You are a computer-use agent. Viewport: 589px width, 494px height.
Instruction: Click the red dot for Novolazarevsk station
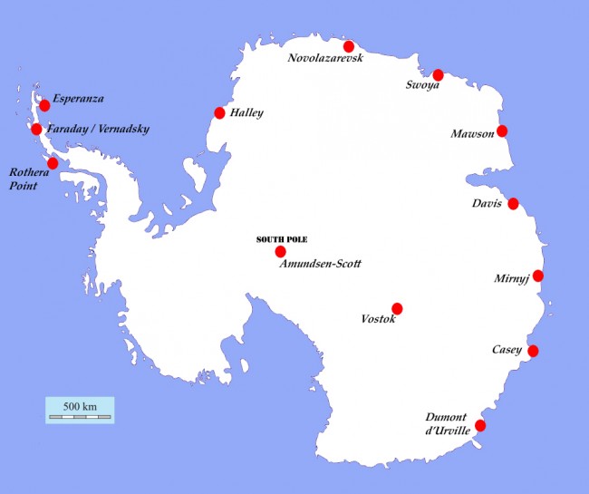pos(348,46)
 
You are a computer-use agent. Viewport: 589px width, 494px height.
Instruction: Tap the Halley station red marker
pos(219,113)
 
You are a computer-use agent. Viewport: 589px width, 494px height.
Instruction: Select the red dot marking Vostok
pos(397,308)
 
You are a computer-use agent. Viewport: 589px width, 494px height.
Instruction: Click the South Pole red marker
pos(280,251)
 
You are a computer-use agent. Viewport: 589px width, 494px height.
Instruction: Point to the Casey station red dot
pos(533,352)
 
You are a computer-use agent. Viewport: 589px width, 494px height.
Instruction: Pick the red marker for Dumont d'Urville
pos(480,425)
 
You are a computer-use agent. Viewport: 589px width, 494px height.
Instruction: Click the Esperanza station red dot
pos(44,106)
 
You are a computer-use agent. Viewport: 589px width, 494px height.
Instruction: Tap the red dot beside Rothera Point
pos(53,163)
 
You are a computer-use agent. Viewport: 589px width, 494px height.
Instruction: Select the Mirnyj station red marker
pos(538,276)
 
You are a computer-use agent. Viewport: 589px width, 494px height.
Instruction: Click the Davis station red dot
pos(513,204)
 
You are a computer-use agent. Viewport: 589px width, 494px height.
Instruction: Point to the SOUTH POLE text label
pos(282,239)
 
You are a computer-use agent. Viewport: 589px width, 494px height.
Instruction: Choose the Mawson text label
pos(472,134)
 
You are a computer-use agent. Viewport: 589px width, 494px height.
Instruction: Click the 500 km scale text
pos(80,405)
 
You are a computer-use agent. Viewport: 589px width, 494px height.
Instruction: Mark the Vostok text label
pos(378,320)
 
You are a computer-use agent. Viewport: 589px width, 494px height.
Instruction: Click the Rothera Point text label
pos(26,178)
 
